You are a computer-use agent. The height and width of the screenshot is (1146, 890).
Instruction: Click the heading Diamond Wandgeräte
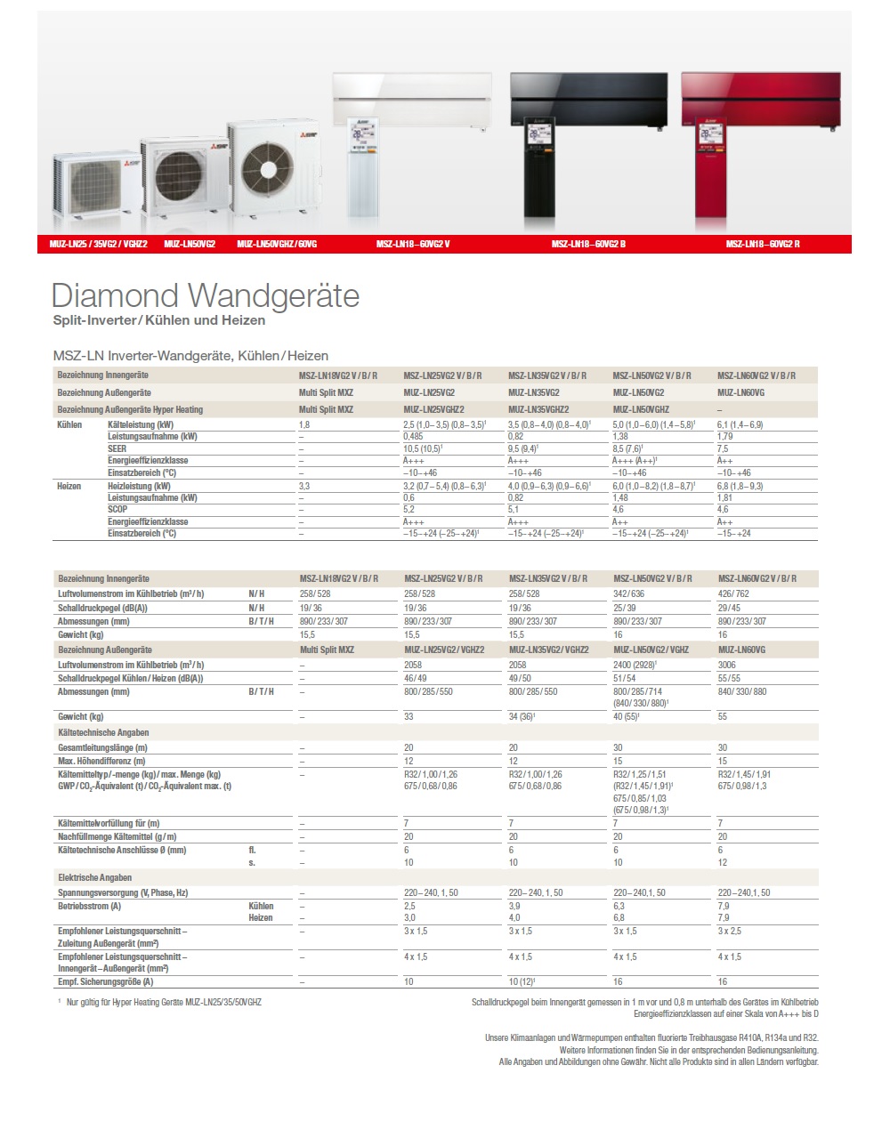click(205, 295)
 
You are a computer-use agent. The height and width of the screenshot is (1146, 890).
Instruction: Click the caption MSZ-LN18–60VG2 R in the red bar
click(762, 244)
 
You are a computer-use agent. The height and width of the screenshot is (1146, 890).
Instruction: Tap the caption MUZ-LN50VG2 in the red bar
click(190, 244)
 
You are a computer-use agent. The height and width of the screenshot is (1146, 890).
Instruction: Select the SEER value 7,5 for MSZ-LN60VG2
click(724, 449)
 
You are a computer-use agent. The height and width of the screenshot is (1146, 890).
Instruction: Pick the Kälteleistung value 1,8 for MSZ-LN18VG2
click(304, 425)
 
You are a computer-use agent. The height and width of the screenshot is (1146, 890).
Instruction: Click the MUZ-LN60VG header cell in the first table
click(740, 392)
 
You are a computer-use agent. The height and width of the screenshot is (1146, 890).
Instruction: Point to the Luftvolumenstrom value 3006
click(727, 665)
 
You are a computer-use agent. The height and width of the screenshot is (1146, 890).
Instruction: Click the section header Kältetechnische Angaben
click(103, 732)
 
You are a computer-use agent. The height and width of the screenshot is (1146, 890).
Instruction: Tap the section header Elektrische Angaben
click(94, 877)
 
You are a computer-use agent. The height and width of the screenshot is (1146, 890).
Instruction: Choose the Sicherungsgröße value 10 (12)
click(522, 981)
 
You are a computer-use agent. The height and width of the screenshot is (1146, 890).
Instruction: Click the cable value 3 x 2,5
click(730, 931)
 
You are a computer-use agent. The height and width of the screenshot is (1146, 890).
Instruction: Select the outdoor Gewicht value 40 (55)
click(626, 716)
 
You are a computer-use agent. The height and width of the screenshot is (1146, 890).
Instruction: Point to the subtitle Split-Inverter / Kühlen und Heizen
click(158, 320)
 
